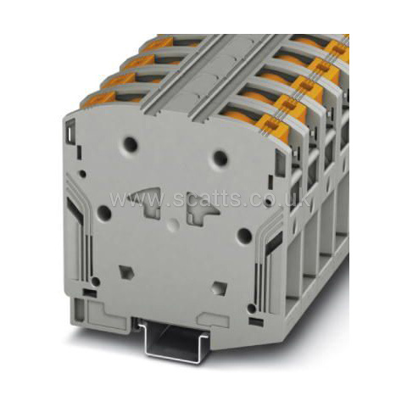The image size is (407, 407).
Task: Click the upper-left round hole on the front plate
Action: tap(131, 144)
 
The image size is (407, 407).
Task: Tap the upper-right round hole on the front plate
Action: tap(220, 158)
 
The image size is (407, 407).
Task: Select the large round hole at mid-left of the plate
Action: tap(104, 213)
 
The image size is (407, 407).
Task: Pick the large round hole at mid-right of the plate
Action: tap(244, 235)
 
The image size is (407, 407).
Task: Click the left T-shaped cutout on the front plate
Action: tap(147, 202)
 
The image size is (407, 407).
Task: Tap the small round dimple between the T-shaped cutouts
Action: tap(173, 224)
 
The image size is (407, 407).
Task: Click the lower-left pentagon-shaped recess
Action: tap(126, 272)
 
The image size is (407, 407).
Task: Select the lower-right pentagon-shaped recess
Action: tap(220, 288)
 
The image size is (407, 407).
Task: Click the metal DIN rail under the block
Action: tap(173, 341)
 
